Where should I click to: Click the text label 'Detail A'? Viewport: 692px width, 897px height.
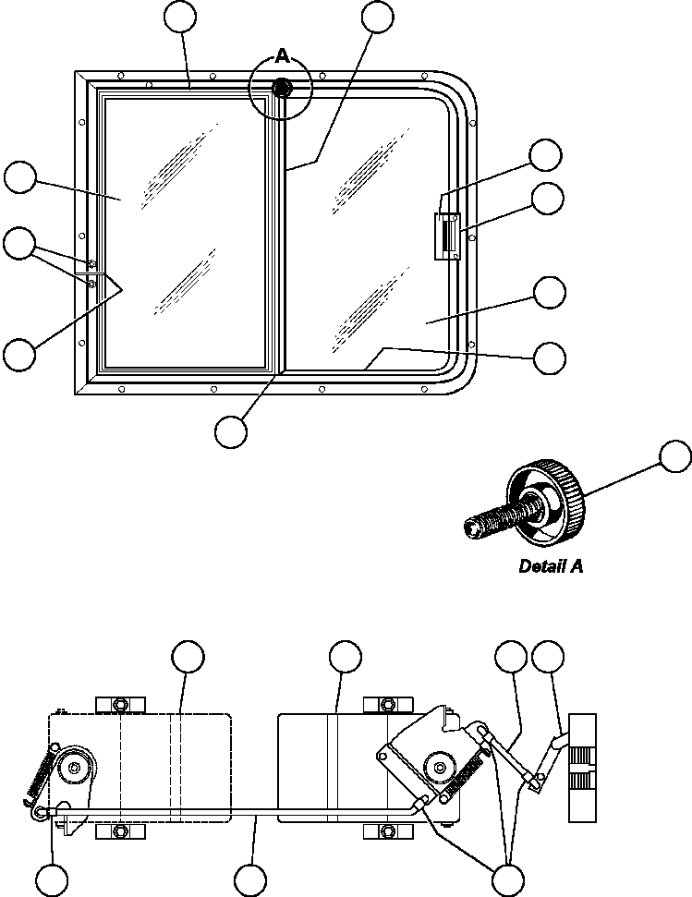551,566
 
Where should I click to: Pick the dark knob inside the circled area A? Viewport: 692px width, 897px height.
283,89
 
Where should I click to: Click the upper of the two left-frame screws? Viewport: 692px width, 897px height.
92,265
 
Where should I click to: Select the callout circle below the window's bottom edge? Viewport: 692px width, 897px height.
231,430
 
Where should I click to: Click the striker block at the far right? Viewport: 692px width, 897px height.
582,767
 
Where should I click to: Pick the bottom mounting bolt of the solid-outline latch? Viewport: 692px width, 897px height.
384,831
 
